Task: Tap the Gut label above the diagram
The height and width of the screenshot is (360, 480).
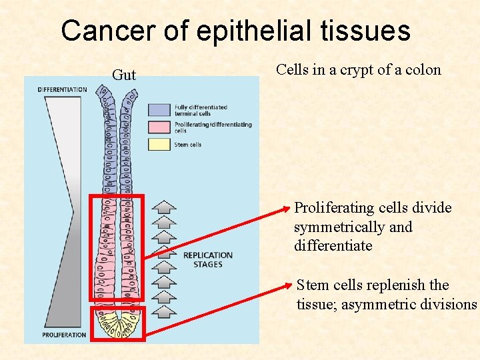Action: tap(124, 75)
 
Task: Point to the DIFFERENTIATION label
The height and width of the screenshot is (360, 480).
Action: tap(63, 89)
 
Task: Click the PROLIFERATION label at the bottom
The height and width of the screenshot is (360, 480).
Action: tap(64, 334)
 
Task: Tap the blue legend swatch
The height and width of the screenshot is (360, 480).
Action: tap(159, 109)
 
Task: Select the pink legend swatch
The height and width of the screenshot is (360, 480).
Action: tap(159, 127)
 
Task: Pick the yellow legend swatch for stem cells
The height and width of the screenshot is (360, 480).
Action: tap(159, 144)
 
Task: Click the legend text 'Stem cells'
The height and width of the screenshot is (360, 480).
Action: tap(187, 145)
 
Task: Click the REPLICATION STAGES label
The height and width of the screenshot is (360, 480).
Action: tap(207, 260)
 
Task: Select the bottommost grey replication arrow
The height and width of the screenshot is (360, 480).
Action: tap(165, 310)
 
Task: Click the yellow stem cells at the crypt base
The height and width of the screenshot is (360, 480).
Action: tap(117, 325)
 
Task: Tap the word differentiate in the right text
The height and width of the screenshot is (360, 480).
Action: tap(333, 246)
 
